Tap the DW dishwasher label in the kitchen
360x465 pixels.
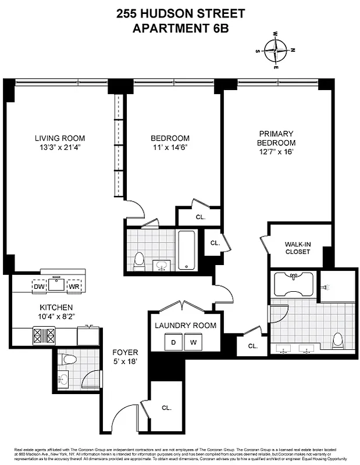pyautogui.click(x=38, y=286)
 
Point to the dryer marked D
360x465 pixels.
pyautogui.click(x=173, y=343)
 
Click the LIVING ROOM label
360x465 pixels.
pyautogui.click(x=60, y=138)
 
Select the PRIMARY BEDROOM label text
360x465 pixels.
pyautogui.click(x=277, y=138)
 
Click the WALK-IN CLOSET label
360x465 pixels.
pyautogui.click(x=297, y=248)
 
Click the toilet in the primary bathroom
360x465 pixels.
pyautogui.click(x=337, y=339)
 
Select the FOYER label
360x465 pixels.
pyautogui.click(x=125, y=353)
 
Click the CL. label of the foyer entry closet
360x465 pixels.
pyautogui.click(x=167, y=407)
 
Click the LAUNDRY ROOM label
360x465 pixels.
pyautogui.click(x=185, y=325)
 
